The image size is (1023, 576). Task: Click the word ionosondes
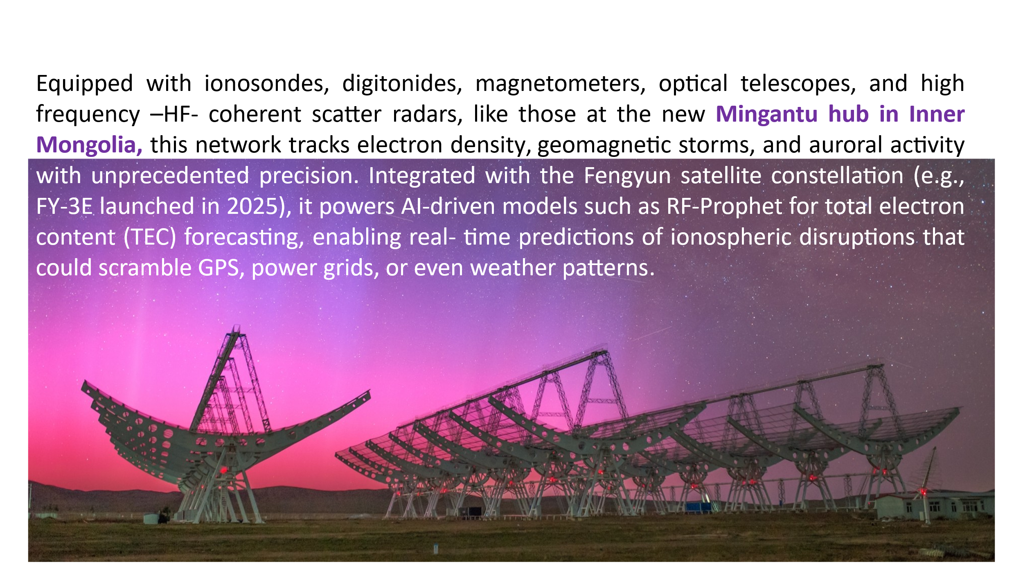[x=267, y=84]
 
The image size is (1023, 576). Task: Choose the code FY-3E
[x=64, y=206]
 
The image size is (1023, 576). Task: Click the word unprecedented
[x=170, y=176]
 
